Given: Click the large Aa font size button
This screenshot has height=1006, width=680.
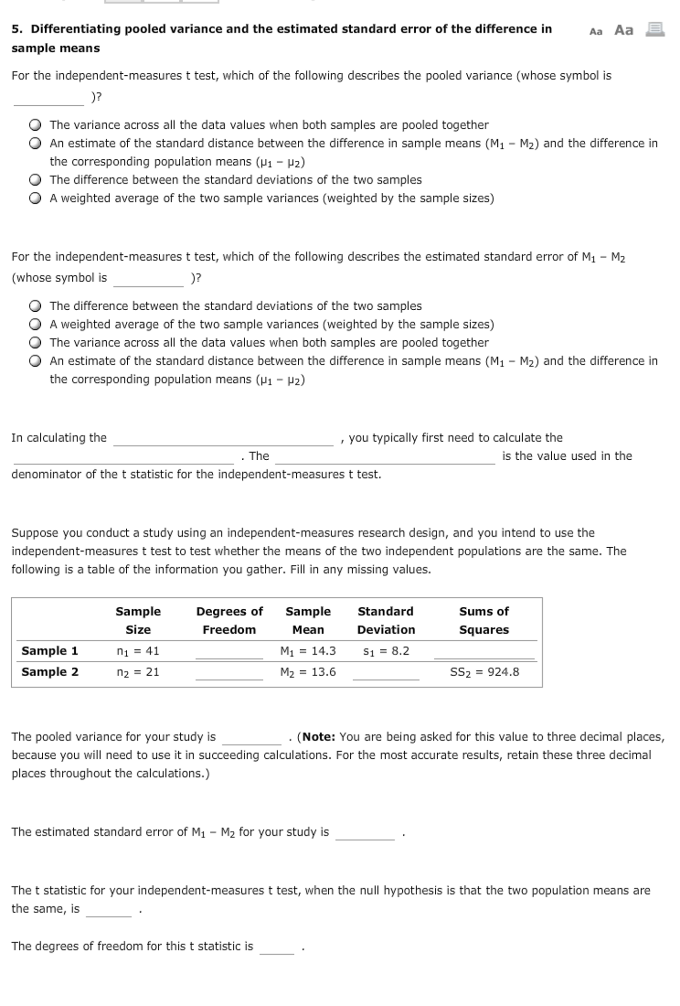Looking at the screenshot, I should [x=623, y=30].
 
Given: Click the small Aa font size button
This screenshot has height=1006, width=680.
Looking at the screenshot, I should [x=595, y=32].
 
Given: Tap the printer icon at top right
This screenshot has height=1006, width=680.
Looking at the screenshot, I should [x=654, y=30].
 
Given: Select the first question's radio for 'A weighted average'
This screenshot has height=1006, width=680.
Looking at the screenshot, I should [x=35, y=198].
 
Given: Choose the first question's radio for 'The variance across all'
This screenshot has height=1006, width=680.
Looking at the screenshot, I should [x=35, y=125].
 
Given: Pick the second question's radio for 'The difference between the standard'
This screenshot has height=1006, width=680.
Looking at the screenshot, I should [x=35, y=306].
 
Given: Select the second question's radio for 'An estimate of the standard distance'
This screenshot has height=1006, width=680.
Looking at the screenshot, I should [x=35, y=361].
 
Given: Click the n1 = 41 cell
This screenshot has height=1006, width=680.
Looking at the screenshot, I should [x=138, y=651].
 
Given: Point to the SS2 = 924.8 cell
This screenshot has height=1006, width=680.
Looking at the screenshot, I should [x=484, y=672].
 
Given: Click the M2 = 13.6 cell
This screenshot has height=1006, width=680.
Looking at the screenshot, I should [x=308, y=672].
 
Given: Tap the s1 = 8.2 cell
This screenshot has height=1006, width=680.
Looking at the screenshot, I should [x=386, y=651].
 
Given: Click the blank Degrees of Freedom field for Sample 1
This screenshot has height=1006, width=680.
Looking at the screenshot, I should [x=229, y=652].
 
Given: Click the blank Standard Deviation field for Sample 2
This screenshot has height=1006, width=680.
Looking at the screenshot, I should [x=386, y=673].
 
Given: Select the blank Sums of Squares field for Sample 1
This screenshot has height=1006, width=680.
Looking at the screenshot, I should [x=484, y=652].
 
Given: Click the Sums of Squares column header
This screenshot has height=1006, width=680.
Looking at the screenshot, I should [x=484, y=621].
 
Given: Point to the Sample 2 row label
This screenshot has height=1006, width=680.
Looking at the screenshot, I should [x=50, y=672].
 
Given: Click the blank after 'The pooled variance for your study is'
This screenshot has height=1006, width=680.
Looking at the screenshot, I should [x=252, y=738].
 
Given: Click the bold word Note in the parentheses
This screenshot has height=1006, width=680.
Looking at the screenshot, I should [x=318, y=737].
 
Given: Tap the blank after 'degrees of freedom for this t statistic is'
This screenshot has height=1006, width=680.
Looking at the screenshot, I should [x=277, y=947].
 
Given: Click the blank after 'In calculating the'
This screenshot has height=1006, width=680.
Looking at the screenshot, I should [x=223, y=439].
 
